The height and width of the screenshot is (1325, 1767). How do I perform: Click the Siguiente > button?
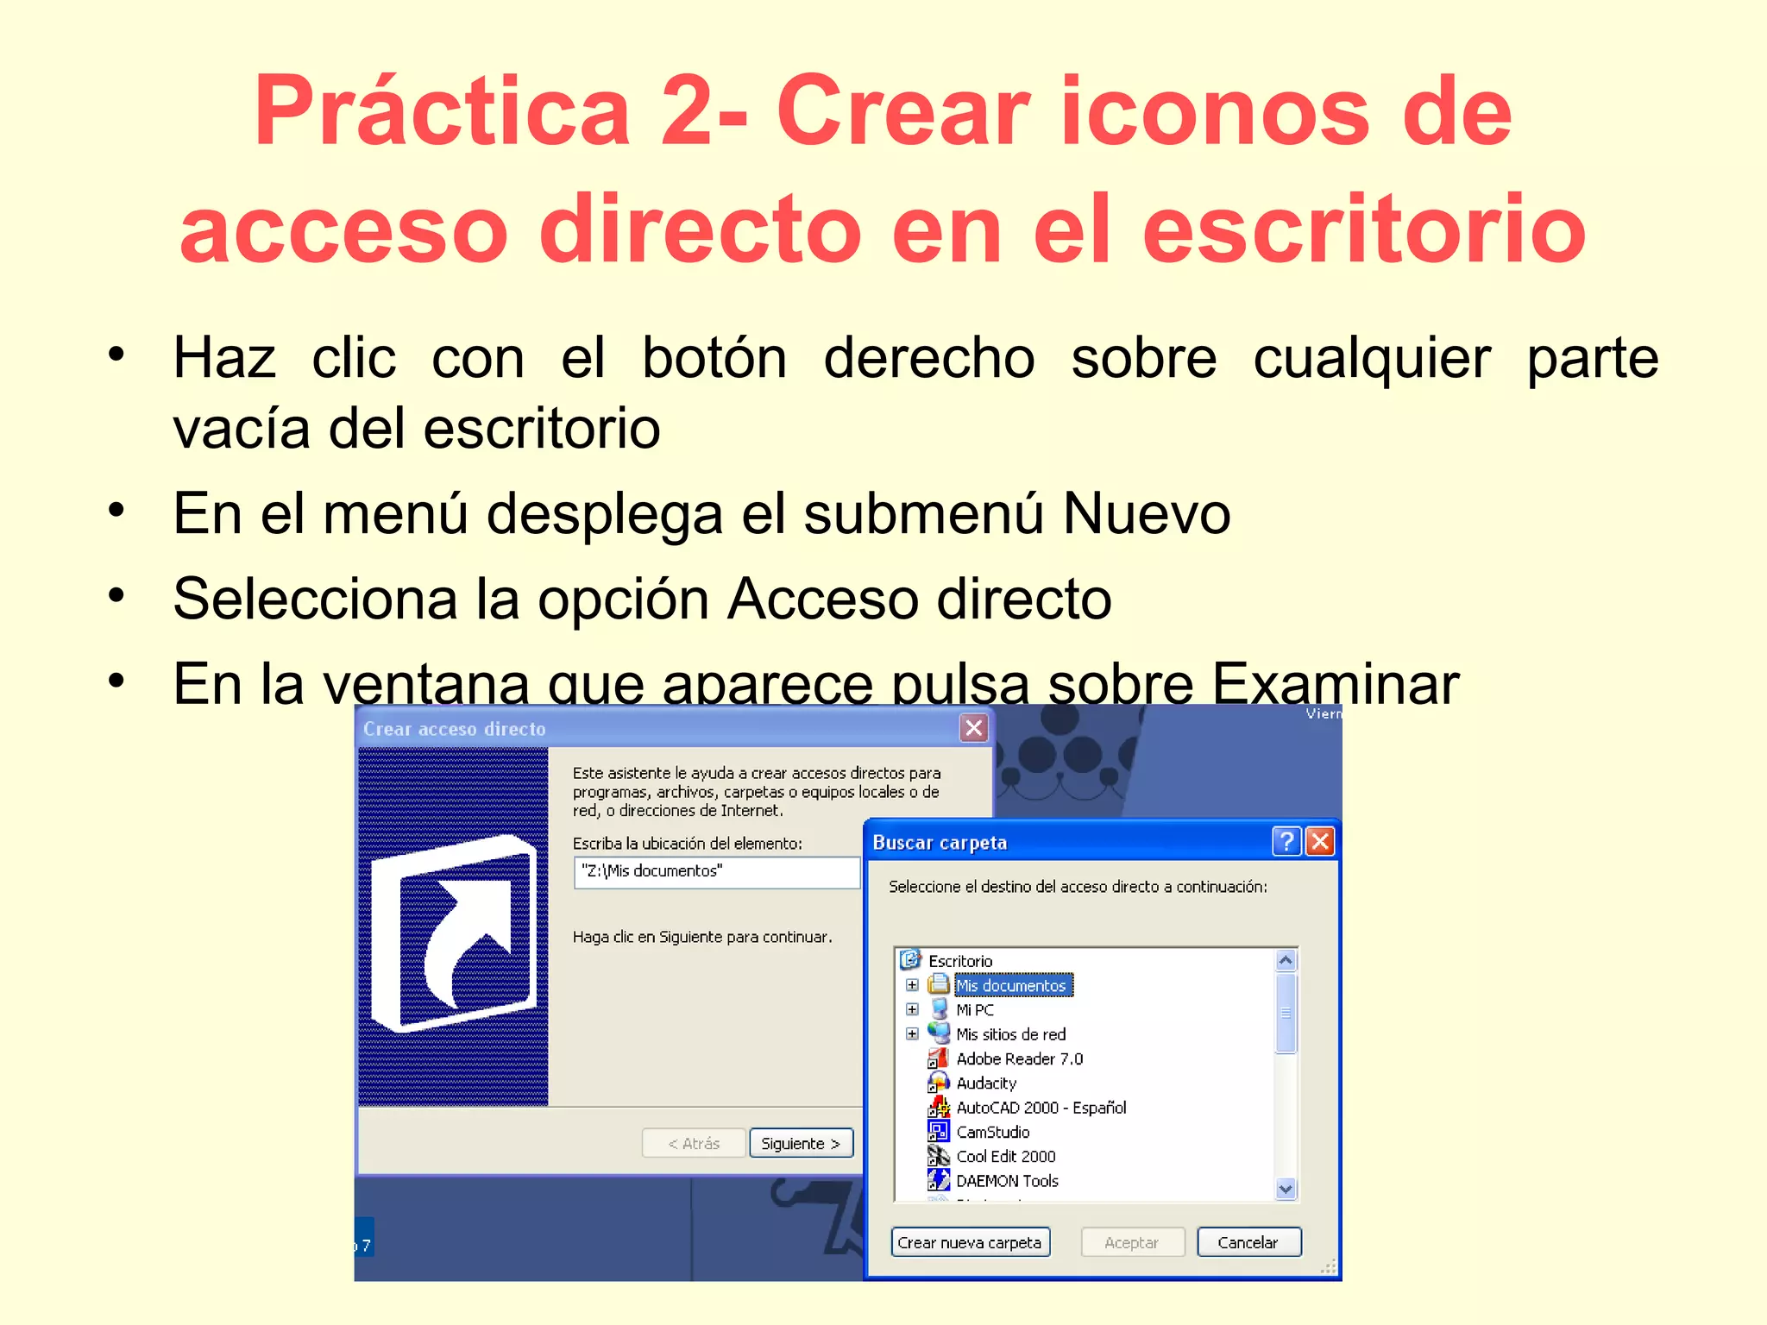click(x=801, y=1143)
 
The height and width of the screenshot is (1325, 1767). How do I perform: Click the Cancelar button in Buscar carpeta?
click(x=1248, y=1242)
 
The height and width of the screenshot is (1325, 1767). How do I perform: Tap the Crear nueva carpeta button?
click(x=970, y=1242)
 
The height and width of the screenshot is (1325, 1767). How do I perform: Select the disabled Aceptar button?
click(x=1132, y=1242)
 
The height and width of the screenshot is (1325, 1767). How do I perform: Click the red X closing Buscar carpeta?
click(x=1320, y=841)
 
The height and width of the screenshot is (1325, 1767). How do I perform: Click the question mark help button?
click(x=1286, y=841)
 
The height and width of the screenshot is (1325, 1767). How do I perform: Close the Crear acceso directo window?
click(x=974, y=728)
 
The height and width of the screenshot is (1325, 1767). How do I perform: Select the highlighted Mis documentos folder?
click(x=1011, y=985)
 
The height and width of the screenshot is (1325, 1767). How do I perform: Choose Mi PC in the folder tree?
click(x=975, y=1009)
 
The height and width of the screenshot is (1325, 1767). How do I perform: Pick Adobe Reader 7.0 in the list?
click(x=1019, y=1058)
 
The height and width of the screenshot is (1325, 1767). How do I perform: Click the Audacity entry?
click(x=986, y=1083)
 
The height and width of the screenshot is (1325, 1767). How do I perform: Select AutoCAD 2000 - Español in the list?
click(x=1041, y=1108)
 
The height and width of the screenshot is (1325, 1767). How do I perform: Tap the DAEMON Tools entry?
click(x=1007, y=1181)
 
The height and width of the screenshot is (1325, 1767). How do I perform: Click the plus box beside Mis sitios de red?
click(x=912, y=1033)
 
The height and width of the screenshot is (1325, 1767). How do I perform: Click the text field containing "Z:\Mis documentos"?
click(x=716, y=871)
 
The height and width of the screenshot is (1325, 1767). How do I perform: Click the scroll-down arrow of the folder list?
click(x=1286, y=1189)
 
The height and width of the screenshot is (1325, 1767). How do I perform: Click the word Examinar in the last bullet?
click(x=1336, y=683)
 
